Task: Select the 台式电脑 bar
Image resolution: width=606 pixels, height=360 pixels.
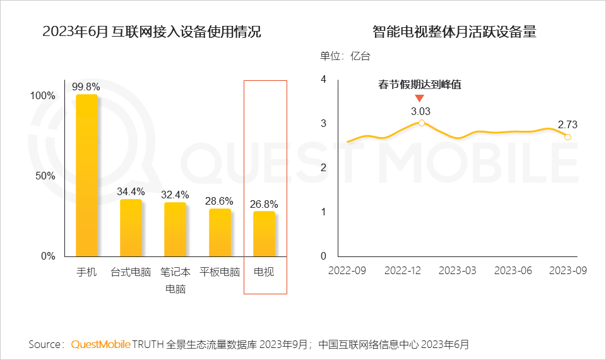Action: pos(131,228)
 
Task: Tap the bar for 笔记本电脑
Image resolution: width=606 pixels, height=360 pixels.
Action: pos(175,230)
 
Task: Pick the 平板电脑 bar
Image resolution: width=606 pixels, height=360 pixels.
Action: pos(220,232)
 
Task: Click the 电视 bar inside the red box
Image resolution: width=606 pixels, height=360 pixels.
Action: pos(264,234)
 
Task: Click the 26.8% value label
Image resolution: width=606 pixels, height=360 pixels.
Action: pos(264,204)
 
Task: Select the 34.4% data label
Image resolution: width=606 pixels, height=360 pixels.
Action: pos(131,191)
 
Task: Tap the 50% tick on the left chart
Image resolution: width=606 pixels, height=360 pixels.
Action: pos(45,176)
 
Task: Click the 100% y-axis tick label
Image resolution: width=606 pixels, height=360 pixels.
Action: pos(43,96)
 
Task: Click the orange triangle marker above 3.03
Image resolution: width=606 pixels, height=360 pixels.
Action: pos(419,98)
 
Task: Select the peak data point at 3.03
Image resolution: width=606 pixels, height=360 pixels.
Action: pos(422,123)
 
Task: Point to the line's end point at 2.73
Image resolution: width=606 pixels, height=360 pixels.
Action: pos(567,137)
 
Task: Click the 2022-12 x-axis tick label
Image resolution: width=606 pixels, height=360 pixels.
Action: pos(403,270)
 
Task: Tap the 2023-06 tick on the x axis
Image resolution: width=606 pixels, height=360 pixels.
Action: pos(513,270)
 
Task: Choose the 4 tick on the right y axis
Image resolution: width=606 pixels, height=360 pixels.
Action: pos(323,80)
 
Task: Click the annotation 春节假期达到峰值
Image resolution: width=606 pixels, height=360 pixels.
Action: pos(420,85)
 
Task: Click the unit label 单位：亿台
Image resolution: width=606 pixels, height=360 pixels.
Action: pos(345,56)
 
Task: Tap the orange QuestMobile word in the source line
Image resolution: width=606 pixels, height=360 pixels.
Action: pos(101,344)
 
